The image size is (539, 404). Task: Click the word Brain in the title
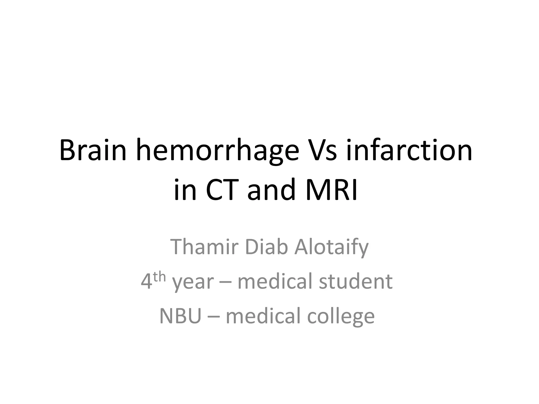[93, 151]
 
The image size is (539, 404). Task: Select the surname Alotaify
[331, 247]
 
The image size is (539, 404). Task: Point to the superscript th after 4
[159, 277]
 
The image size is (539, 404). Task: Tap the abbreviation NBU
[180, 316]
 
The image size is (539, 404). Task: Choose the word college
[341, 316]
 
